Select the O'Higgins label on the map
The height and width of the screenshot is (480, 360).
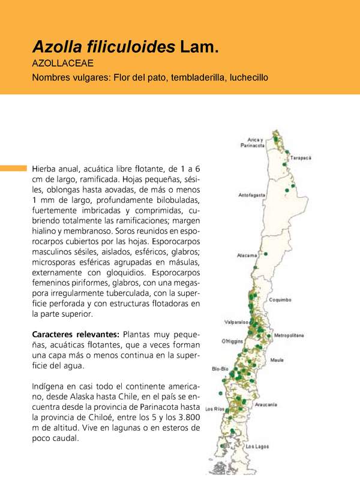coord(232,341)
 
